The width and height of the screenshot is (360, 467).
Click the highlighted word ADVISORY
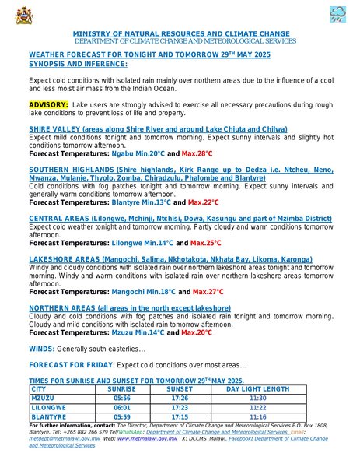(48, 104)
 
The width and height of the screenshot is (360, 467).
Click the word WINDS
(41, 348)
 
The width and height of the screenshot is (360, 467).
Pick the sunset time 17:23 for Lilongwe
(180, 407)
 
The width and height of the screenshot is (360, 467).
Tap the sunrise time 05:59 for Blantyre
(121, 416)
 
